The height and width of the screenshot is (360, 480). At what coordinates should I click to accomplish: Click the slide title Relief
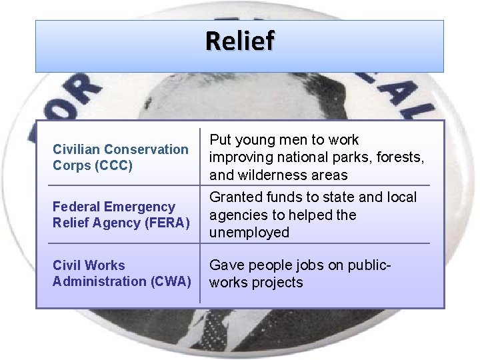pyautogui.click(x=239, y=41)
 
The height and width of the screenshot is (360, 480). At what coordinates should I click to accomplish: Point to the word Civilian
pyautogui.click(x=76, y=149)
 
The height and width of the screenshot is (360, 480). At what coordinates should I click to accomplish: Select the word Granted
pyautogui.click(x=235, y=197)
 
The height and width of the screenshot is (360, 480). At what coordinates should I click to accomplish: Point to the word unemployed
pyautogui.click(x=249, y=233)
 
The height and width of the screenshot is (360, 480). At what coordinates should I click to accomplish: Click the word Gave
pyautogui.click(x=226, y=265)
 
